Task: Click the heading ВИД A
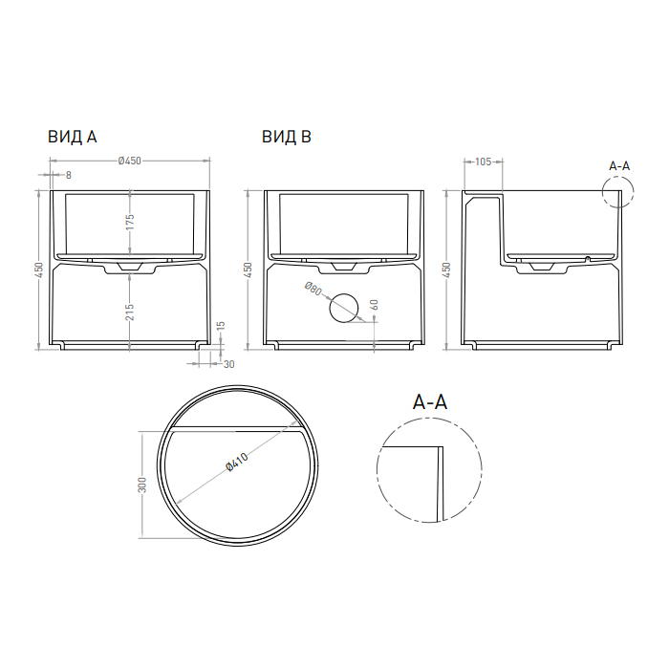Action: coord(73,137)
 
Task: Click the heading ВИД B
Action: coord(287,137)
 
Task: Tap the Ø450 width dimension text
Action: coord(129,162)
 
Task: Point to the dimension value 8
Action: coord(68,175)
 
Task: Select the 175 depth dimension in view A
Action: coord(129,222)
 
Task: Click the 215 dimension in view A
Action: coord(129,312)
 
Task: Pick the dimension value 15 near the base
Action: coord(222,327)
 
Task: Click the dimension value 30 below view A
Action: coord(227,363)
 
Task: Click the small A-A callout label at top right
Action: coord(619,165)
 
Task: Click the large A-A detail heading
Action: coord(430,402)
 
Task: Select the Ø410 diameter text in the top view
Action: coord(237,464)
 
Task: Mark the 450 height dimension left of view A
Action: coord(39,270)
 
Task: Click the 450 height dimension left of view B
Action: coord(248,270)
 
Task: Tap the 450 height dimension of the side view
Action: coord(447,270)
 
